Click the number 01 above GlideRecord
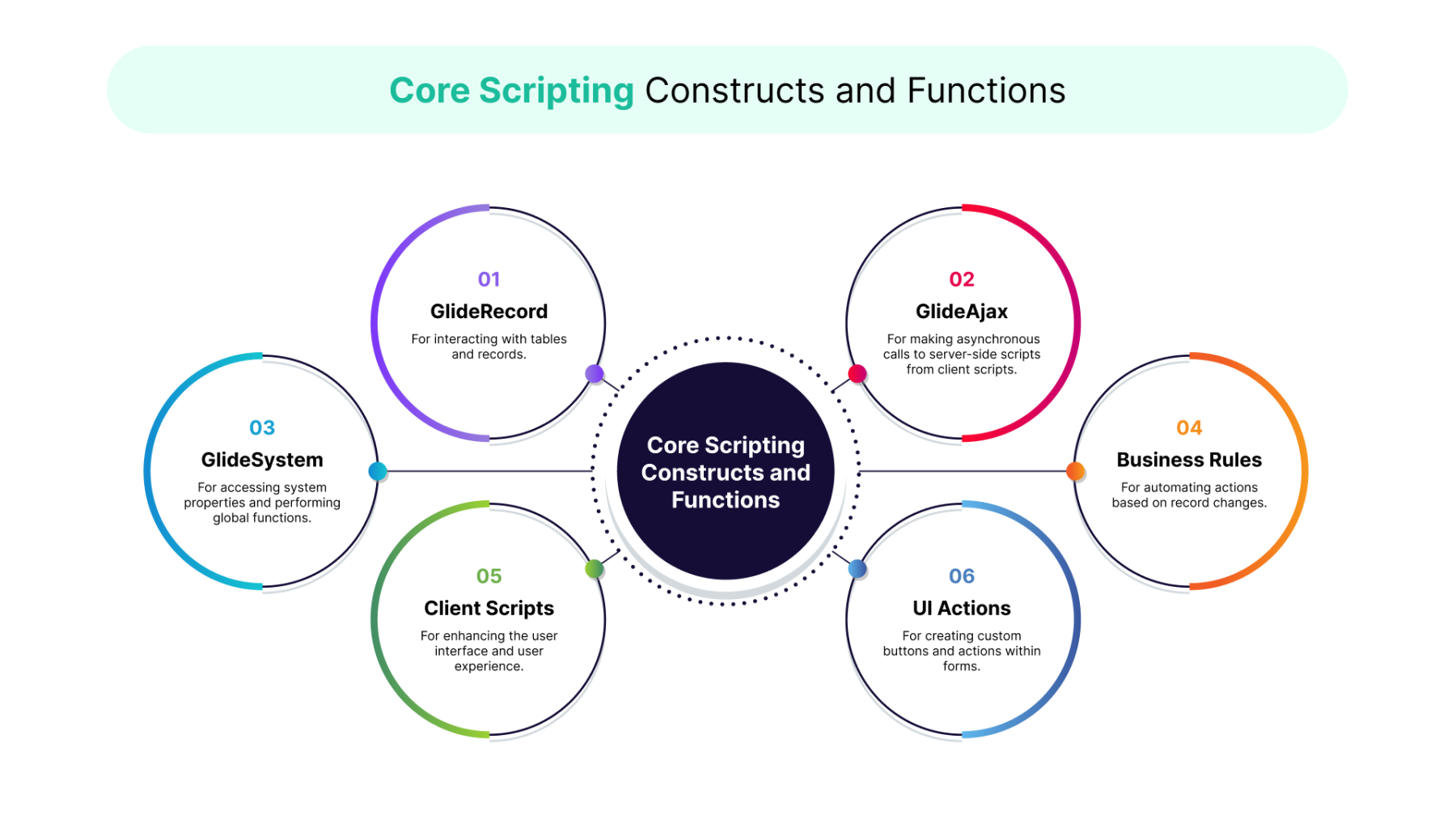tap(489, 279)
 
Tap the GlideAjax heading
tap(961, 312)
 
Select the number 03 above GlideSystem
tap(262, 427)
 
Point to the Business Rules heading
tap(1188, 460)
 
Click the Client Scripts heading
tap(489, 608)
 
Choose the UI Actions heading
tap(961, 608)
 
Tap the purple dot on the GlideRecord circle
tap(595, 373)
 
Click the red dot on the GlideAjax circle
tap(857, 373)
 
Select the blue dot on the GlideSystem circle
tap(378, 471)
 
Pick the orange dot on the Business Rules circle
tap(1075, 471)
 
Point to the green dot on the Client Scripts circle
tap(595, 568)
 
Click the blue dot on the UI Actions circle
tap(857, 569)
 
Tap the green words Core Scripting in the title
tap(511, 91)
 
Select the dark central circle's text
tap(726, 472)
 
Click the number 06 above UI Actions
tap(961, 576)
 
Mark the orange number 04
tap(1188, 427)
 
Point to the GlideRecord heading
tap(489, 312)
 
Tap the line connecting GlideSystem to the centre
tap(485, 471)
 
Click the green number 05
tap(489, 576)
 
